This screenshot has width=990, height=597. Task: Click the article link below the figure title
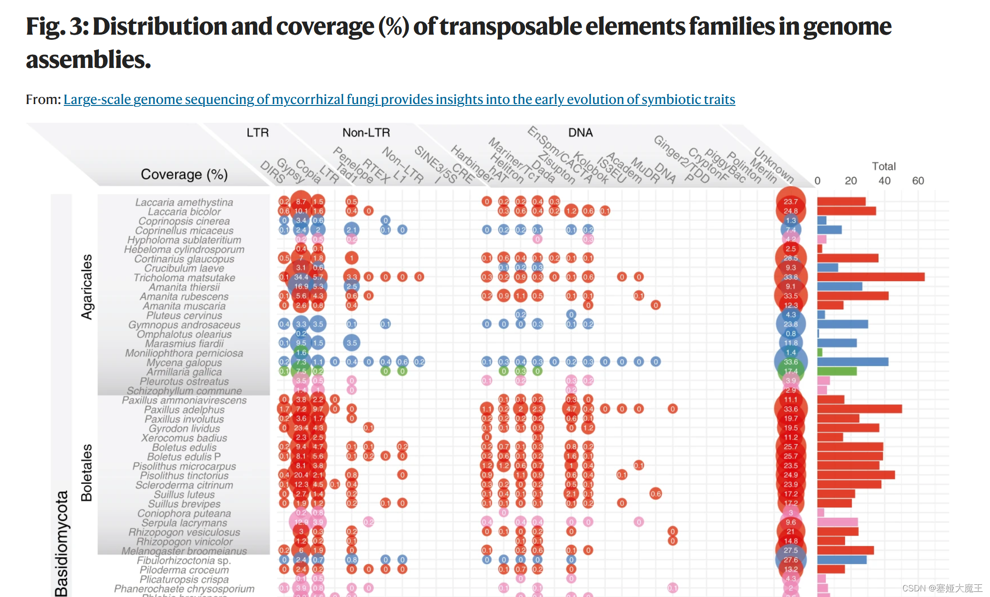pos(399,99)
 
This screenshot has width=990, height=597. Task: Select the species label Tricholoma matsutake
pos(184,277)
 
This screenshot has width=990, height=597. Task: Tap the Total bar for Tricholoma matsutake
pos(870,277)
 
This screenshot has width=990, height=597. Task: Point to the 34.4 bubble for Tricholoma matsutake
pos(301,277)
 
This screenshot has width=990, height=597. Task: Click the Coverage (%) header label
pos(184,174)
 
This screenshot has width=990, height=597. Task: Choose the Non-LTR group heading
pos(366,133)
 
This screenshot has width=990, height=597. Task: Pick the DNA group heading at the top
pos(580,133)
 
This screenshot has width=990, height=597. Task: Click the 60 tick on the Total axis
pos(918,181)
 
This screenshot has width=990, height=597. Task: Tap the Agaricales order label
pos(87,287)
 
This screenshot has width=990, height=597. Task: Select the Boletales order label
pos(87,472)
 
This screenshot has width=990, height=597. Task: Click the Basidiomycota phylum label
pos(61,544)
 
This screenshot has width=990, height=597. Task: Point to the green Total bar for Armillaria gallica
pos(837,371)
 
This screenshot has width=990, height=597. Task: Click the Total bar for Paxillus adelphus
pos(859,409)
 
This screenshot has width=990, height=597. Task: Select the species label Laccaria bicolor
pos(184,211)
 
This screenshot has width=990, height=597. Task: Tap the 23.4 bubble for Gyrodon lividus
pos(301,428)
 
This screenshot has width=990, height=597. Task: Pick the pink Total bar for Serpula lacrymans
pos(837,522)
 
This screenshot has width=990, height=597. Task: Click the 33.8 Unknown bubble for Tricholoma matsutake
pos(791,277)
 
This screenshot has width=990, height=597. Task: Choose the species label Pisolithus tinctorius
pos(184,476)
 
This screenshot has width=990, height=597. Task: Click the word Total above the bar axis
pos(884,166)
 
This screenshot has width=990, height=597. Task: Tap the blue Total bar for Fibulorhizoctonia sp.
pos(841,560)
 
